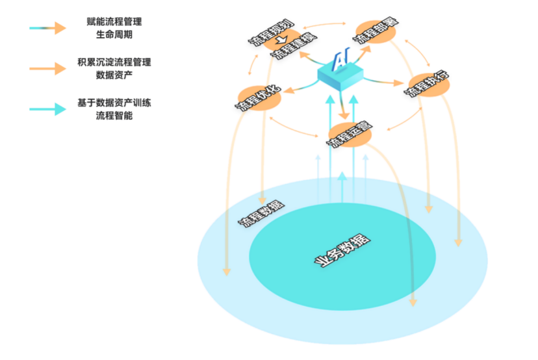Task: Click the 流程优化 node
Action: [258, 97]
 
